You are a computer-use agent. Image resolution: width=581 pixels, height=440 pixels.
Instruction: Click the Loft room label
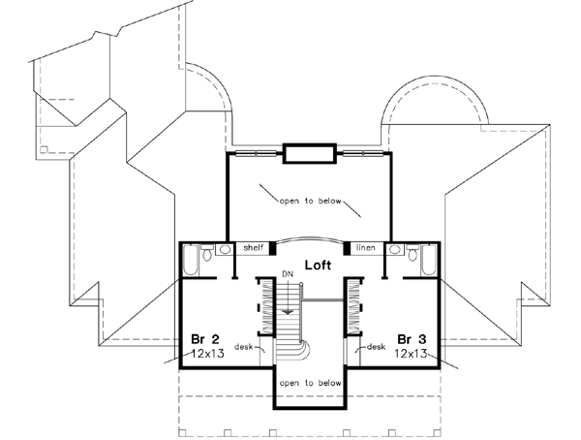(x=319, y=264)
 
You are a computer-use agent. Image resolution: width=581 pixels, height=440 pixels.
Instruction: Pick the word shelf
(x=254, y=248)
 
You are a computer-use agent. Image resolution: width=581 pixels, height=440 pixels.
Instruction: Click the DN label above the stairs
(x=287, y=274)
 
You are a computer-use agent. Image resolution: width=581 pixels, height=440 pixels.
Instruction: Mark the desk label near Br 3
(x=377, y=346)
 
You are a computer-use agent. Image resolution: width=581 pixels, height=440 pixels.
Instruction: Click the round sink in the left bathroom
(x=225, y=249)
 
